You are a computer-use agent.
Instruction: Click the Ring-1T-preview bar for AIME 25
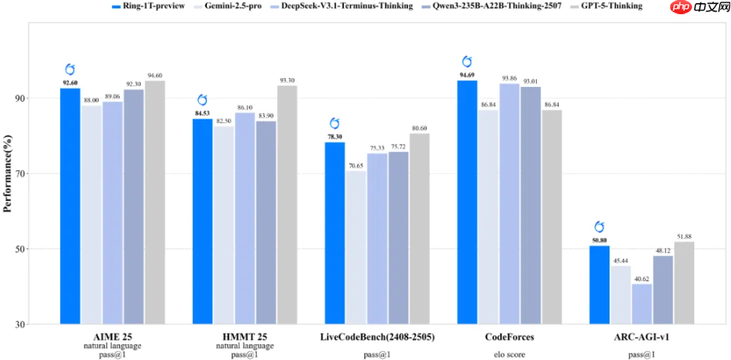click(x=70, y=206)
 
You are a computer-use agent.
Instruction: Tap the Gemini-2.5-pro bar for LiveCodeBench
click(x=356, y=247)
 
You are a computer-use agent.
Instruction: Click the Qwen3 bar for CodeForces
click(x=530, y=205)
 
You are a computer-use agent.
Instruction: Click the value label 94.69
click(x=467, y=75)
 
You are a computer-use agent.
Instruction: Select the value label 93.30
click(x=287, y=80)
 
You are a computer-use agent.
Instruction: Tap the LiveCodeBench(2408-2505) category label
click(x=377, y=337)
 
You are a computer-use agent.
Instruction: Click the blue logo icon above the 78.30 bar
click(x=334, y=124)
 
